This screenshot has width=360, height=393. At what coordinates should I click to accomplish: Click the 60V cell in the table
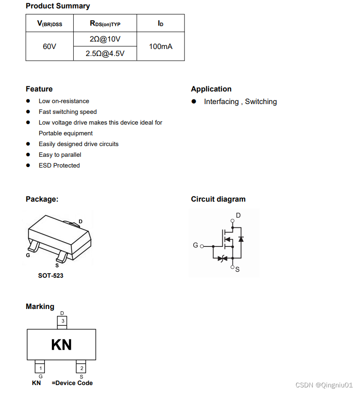pos(49,47)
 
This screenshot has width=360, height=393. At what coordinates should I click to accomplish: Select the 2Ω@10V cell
pos(105,39)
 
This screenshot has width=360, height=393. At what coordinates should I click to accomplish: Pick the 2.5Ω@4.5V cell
pos(105,54)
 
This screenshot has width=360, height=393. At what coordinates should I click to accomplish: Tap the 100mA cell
pos(161,47)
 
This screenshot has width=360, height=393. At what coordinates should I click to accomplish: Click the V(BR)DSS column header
pos(49,24)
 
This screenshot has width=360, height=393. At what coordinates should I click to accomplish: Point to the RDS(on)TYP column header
pos(105,24)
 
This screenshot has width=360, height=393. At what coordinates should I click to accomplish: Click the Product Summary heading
pos(58,6)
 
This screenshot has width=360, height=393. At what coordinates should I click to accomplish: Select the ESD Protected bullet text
pos(59,166)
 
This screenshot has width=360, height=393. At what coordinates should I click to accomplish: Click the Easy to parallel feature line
pos(60,155)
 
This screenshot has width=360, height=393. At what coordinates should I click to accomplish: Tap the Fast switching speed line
pos(68,112)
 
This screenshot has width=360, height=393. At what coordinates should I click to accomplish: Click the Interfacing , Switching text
pos(240,102)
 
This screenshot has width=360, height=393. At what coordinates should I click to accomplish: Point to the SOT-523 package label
pos(50,276)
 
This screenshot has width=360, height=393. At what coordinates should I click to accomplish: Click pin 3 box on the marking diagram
pos(62,321)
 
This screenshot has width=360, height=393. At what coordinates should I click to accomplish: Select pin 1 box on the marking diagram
pos(41,368)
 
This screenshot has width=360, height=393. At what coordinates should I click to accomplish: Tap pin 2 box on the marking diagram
pos(82,368)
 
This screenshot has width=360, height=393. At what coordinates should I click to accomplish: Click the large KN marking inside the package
pos(61,345)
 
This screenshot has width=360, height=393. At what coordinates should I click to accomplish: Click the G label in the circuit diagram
pos(196,245)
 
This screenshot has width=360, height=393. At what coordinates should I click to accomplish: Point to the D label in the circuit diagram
pos(238,215)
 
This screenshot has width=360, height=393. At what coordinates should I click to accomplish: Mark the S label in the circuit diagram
pos(237,269)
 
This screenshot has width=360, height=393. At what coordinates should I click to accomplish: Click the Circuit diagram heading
pos(218,199)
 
